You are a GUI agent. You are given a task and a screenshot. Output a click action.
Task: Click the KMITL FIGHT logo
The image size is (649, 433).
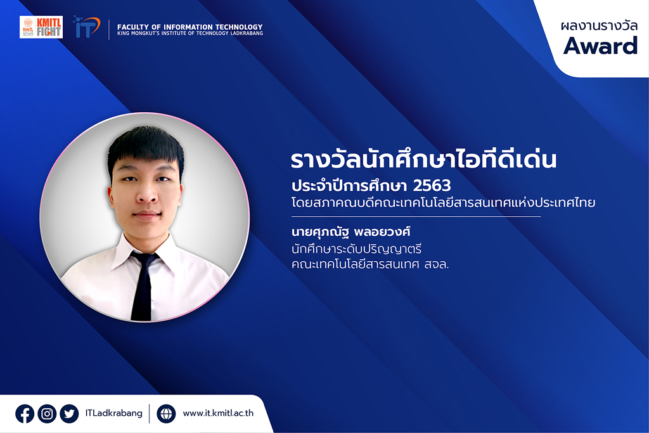(41, 27)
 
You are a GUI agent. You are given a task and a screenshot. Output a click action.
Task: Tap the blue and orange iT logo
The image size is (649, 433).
(86, 27)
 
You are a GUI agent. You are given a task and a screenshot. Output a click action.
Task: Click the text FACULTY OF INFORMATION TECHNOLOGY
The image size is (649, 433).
(190, 27)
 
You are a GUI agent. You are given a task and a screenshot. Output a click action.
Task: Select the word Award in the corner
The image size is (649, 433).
(600, 46)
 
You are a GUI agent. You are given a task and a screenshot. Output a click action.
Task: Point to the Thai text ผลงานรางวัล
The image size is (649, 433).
(599, 25)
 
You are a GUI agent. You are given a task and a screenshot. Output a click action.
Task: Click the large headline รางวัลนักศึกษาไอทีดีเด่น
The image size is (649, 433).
(423, 159)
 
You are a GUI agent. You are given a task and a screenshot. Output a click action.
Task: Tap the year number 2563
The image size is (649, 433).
(432, 186)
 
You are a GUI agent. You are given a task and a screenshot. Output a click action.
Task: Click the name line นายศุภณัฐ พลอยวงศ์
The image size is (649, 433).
(350, 231)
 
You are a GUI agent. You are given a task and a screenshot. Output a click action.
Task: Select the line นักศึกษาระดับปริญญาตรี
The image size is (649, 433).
(356, 249)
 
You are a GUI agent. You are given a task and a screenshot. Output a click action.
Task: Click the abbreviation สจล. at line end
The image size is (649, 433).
(437, 264)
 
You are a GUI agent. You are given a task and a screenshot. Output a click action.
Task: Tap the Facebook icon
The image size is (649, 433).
(25, 413)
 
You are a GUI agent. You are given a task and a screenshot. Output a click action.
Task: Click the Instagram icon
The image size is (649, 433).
(47, 413)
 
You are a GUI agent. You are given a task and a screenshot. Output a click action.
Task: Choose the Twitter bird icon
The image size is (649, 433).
(69, 413)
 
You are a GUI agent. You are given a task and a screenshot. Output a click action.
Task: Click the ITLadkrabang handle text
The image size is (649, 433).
(114, 413)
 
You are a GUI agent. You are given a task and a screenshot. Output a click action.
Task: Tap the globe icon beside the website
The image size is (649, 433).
(166, 413)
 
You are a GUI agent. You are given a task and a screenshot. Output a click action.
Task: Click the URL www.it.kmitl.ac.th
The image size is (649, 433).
(218, 413)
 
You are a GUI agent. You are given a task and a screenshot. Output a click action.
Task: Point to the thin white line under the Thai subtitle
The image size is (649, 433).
(416, 217)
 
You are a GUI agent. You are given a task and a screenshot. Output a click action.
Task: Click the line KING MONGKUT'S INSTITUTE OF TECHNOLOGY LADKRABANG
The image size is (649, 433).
(190, 33)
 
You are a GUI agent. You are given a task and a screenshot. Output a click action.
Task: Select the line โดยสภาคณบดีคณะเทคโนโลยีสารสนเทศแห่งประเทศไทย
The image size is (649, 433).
(443, 203)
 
